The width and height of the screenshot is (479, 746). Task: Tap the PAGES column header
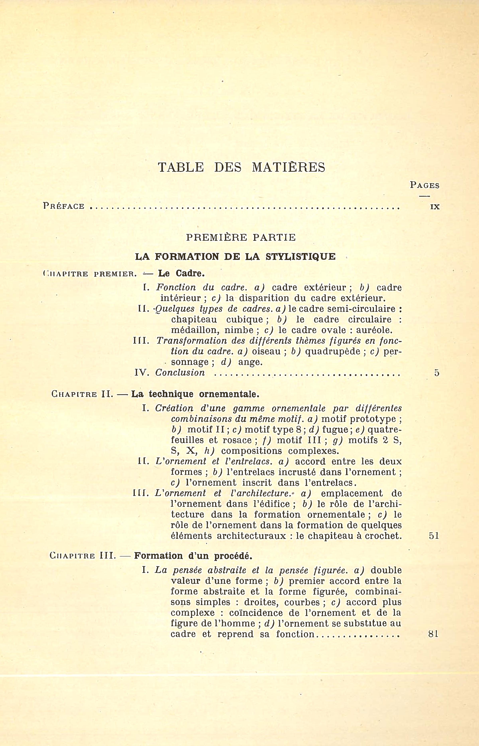(425, 185)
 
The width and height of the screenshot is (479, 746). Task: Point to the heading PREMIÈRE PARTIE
(241, 238)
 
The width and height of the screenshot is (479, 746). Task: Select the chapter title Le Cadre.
(181, 274)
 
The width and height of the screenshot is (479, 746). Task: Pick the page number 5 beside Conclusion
(437, 373)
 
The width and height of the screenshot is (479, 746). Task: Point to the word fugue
(335, 430)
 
